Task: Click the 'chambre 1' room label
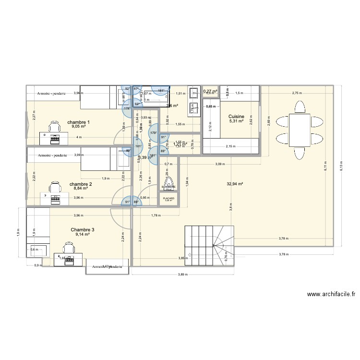pos(79,122)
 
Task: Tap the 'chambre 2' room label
pos(81,184)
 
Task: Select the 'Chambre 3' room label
pos(83,230)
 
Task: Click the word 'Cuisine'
pos(236,117)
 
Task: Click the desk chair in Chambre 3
pos(68,247)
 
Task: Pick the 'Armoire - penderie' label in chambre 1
pos(52,93)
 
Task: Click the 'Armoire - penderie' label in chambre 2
pos(52,155)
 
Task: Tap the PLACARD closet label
pos(168,197)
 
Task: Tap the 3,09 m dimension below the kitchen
pos(220,165)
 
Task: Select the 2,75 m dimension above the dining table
pos(298,93)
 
